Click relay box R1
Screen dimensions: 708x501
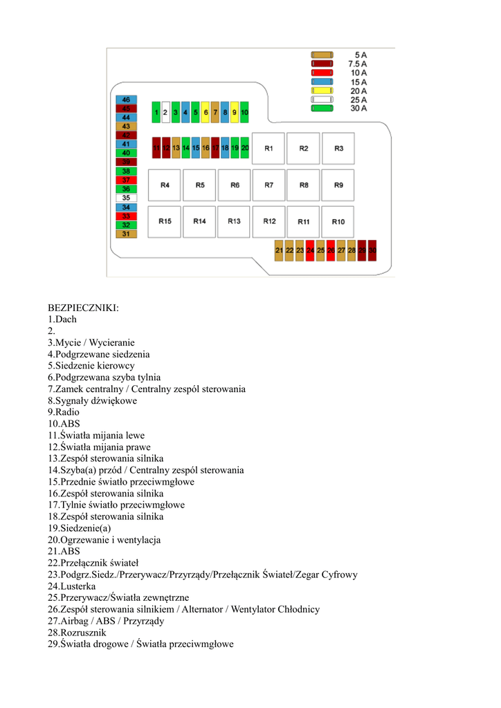(268, 149)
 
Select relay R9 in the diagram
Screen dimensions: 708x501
(338, 185)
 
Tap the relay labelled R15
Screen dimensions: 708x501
(165, 221)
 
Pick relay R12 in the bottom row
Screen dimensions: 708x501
(268, 221)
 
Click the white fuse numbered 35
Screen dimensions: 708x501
(126, 198)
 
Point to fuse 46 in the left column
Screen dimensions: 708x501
(126, 100)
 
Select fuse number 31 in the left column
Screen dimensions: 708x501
(126, 234)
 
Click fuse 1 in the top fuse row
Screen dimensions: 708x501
(156, 111)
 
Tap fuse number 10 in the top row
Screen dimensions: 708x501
(244, 111)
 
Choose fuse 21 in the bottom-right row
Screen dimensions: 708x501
(279, 250)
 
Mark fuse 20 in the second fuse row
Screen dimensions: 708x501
(244, 148)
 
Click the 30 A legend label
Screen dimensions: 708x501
(358, 108)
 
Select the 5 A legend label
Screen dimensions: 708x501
(360, 54)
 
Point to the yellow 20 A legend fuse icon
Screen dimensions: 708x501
(322, 91)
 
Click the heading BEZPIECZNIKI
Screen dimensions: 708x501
(83, 308)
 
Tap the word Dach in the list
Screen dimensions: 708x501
(66, 319)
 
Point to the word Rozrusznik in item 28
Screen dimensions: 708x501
(83, 633)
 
